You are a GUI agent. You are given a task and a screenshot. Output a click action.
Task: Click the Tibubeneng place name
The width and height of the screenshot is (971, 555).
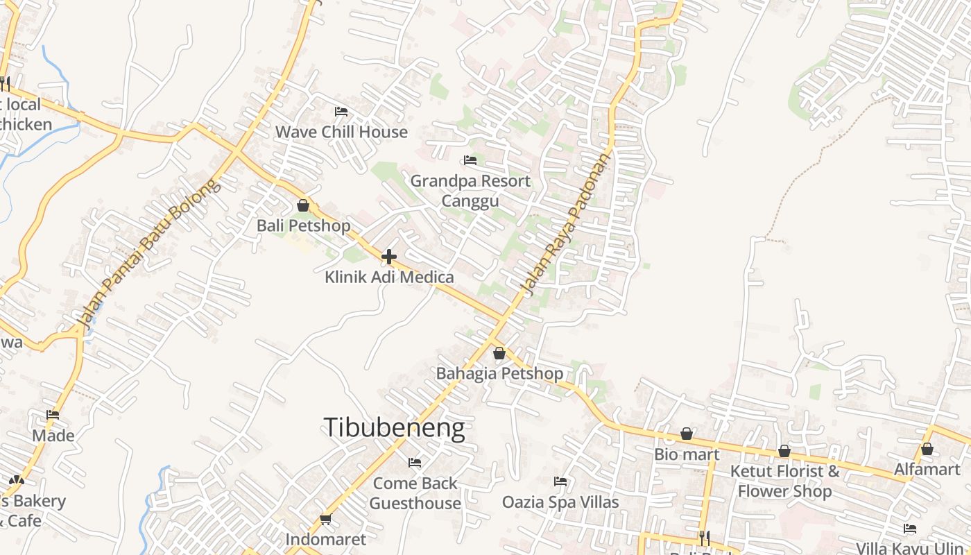(394, 427)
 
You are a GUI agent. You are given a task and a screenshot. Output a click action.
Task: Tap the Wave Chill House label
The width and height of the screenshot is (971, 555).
(341, 132)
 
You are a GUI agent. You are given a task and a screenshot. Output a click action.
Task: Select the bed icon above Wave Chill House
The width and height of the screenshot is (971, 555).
(341, 111)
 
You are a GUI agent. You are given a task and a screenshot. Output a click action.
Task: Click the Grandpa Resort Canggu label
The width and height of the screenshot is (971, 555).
(470, 191)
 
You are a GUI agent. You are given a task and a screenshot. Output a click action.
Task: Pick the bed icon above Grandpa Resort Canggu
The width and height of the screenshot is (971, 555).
(470, 160)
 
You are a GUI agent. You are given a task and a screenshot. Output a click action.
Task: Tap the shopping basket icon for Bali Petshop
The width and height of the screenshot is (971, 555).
(303, 205)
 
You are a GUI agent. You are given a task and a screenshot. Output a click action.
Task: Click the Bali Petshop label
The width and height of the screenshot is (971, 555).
(303, 225)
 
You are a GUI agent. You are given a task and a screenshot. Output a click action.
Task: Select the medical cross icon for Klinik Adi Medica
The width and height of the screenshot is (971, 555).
(389, 257)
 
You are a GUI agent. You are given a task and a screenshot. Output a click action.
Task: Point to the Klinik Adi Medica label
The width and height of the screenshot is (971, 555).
(389, 277)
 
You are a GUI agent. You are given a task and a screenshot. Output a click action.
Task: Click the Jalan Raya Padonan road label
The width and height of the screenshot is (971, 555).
(566, 225)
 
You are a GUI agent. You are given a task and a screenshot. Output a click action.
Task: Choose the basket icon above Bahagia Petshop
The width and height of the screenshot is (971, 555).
(499, 354)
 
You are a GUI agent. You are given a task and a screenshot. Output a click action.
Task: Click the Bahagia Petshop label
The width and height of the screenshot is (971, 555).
(499, 374)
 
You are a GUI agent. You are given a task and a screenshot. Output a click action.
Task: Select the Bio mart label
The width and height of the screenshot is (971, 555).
(687, 454)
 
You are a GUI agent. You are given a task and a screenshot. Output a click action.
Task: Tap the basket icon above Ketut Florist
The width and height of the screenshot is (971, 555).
(784, 452)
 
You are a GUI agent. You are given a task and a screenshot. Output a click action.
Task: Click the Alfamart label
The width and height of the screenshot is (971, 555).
(927, 470)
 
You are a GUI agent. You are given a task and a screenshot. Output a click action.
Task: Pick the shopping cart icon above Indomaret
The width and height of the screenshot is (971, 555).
(325, 519)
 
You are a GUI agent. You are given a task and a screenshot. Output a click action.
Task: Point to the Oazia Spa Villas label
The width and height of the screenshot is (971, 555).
(560, 502)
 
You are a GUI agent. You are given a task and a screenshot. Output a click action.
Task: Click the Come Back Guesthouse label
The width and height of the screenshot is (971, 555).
(415, 493)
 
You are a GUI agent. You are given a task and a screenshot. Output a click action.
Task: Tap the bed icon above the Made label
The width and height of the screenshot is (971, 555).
(53, 415)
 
